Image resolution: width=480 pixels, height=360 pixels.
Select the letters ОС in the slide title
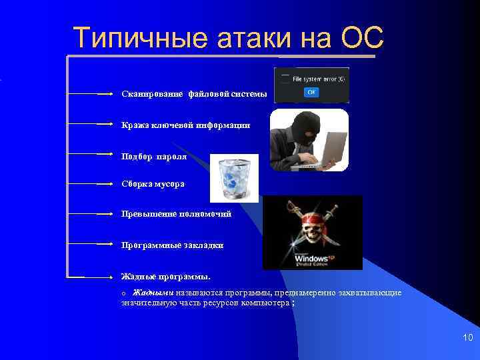pos(361,39)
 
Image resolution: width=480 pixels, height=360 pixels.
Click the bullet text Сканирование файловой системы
pos(194,94)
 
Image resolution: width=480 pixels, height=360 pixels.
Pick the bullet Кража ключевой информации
pos(185,125)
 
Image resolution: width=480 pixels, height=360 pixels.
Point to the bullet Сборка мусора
pos(153,183)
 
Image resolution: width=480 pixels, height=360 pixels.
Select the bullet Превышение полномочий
pos(176,214)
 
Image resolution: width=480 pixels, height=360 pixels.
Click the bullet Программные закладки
pos(172,245)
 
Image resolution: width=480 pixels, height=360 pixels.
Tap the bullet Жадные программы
pos(165,275)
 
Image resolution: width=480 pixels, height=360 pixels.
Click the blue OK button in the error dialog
pos(311,92)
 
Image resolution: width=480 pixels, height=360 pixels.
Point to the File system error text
pos(318,79)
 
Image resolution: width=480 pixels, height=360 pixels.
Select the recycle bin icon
pos(234,178)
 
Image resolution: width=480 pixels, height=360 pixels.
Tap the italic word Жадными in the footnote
pos(153,293)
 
